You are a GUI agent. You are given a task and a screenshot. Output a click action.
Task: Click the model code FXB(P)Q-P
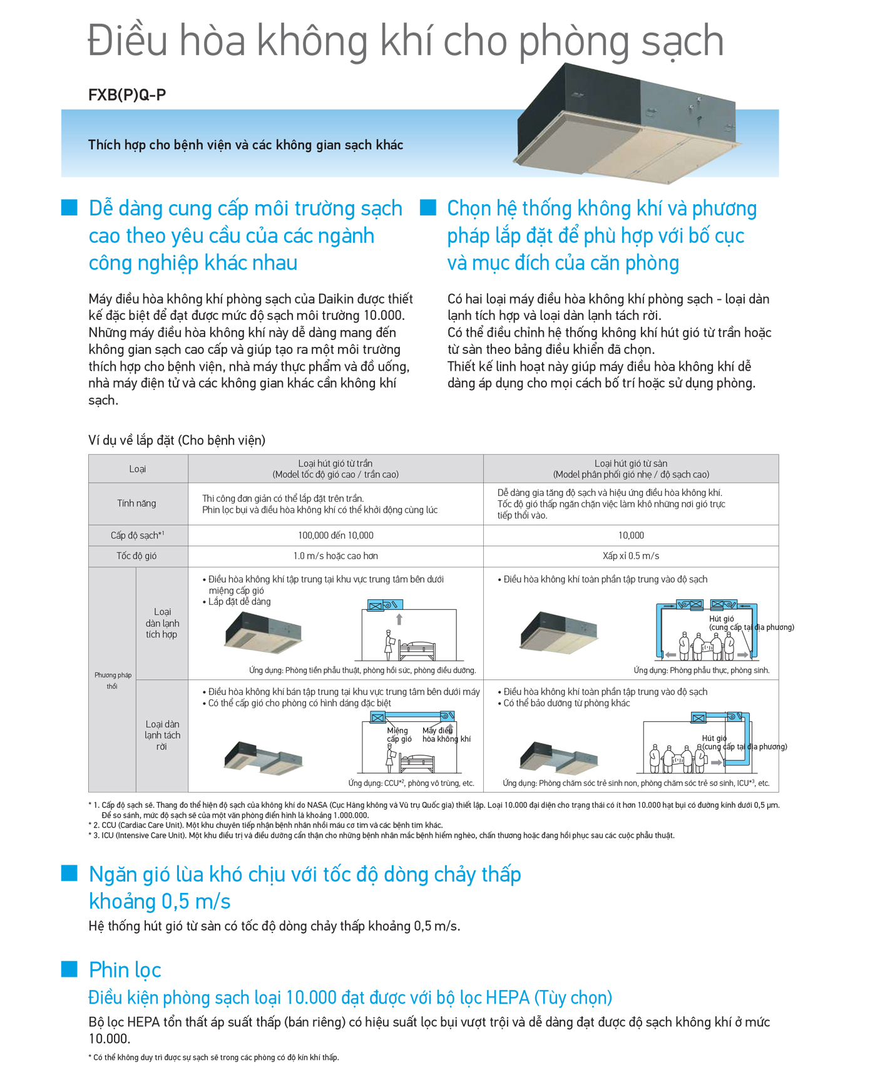(x=127, y=95)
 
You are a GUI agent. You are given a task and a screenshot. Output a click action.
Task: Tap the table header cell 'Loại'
(x=138, y=469)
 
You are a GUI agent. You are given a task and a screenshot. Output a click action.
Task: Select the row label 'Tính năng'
(x=136, y=503)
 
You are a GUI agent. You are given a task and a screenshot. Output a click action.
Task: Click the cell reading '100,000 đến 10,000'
(x=335, y=535)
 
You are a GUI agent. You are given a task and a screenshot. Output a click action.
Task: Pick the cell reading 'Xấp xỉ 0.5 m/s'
(x=631, y=556)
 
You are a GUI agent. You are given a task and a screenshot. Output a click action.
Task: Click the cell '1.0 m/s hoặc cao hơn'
(x=335, y=556)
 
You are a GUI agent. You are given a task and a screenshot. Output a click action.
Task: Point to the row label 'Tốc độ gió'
(x=136, y=556)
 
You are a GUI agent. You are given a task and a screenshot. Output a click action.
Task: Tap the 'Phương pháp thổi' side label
(x=113, y=681)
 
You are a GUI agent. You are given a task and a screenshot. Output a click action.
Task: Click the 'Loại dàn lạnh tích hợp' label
(x=162, y=623)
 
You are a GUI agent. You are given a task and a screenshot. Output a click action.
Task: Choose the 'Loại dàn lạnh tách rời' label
(x=162, y=735)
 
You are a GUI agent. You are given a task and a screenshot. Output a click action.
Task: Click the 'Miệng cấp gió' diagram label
(x=399, y=734)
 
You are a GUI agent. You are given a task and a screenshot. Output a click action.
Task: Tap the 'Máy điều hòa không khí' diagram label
(x=446, y=734)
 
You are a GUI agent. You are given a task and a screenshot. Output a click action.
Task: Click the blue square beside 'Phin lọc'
(x=69, y=969)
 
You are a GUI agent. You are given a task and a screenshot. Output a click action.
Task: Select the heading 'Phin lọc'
(x=125, y=970)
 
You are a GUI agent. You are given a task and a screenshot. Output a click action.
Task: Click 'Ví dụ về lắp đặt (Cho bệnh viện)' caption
(x=177, y=440)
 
